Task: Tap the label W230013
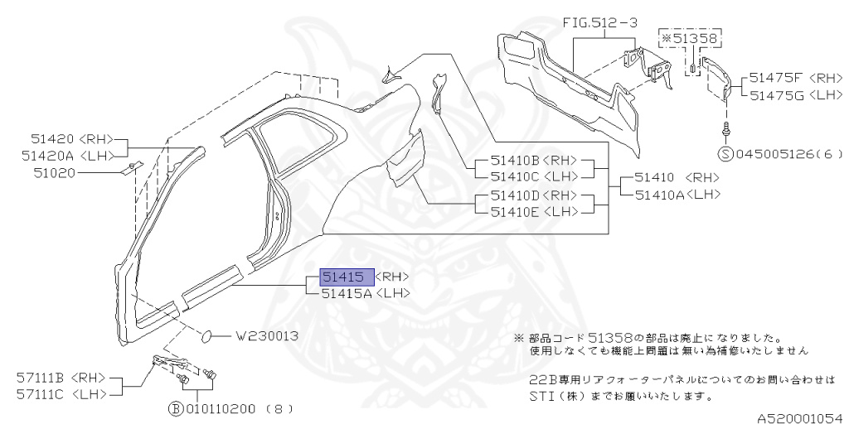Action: tap(267, 336)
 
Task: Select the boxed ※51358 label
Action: tap(691, 38)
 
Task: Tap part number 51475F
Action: tap(776, 77)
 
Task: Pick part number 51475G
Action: tap(777, 95)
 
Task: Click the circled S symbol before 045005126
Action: tap(725, 153)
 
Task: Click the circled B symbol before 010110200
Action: tap(176, 409)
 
